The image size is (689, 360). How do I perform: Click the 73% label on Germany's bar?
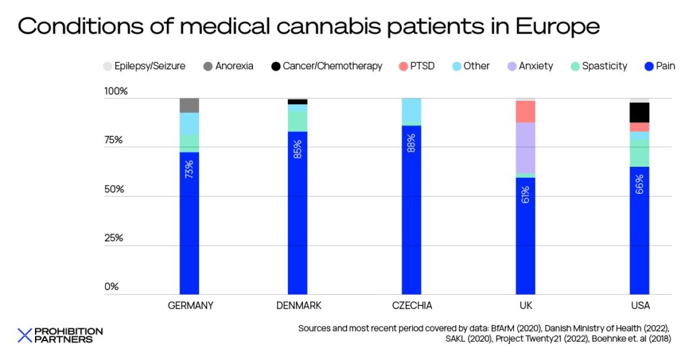(x=189, y=168)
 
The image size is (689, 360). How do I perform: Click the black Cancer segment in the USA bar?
(x=639, y=112)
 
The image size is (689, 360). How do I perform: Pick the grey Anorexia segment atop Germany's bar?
(x=189, y=105)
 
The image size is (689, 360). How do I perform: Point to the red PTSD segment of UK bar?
(x=525, y=111)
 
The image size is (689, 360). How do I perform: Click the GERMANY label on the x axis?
(x=190, y=305)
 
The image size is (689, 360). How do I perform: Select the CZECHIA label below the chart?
(x=412, y=305)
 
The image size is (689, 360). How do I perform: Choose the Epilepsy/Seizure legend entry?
(x=143, y=66)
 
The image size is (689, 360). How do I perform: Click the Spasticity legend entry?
(x=598, y=66)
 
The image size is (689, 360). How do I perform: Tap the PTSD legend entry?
(x=418, y=66)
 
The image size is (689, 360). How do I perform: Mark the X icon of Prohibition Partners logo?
(x=25, y=335)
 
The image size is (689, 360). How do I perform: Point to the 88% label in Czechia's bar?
(x=411, y=143)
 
